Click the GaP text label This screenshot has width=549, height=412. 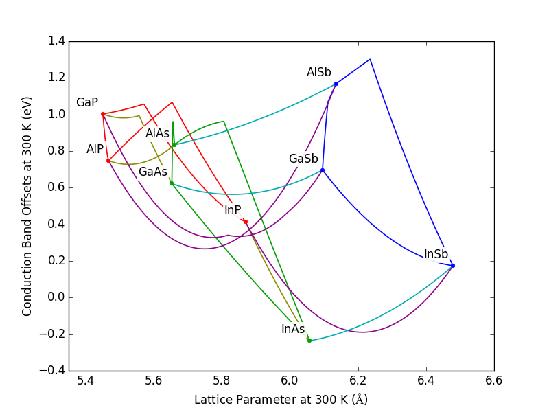[87, 102]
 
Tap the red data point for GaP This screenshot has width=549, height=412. [103, 114]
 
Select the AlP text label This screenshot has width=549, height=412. [95, 149]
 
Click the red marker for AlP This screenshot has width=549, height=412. [108, 161]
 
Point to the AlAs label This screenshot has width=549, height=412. [157, 133]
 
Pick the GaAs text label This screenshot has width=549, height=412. [153, 172]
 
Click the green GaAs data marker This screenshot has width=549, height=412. [172, 183]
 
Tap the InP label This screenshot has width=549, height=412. [233, 210]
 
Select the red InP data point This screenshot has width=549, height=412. [246, 221]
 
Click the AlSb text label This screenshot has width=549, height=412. [319, 72]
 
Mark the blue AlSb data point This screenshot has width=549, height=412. [336, 84]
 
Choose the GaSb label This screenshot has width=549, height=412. [303, 159]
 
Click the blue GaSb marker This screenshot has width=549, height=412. [323, 170]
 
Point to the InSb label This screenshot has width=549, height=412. [436, 254]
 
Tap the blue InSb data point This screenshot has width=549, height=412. [453, 266]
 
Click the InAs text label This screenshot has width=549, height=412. [293, 329]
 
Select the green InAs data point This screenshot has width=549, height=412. [309, 341]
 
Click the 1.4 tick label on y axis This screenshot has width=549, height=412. [57, 41]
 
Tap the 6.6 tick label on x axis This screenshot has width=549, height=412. [493, 380]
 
